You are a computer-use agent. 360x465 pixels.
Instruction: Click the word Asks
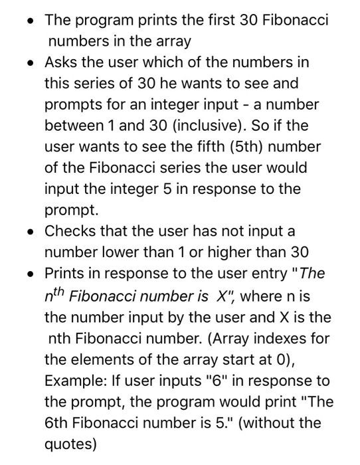pyautogui.click(x=61, y=62)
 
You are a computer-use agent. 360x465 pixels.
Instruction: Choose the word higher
pyautogui.click(x=214, y=252)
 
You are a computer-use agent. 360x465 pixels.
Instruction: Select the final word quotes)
pyautogui.click(x=70, y=444)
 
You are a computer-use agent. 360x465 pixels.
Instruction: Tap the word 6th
pyautogui.click(x=58, y=422)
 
